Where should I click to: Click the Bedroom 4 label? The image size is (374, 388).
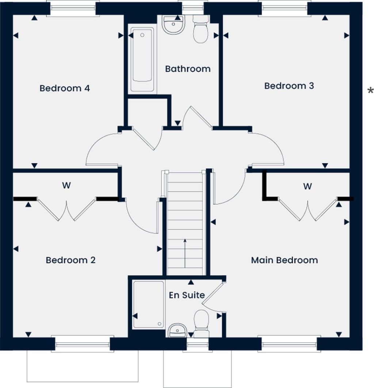click(65, 88)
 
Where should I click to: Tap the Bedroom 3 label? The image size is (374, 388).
click(289, 86)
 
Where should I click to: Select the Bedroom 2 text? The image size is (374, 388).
click(70, 260)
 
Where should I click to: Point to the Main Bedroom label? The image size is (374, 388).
click(284, 260)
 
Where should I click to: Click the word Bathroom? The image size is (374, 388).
click(188, 69)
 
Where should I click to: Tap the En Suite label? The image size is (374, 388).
click(187, 295)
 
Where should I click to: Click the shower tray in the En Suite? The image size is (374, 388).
click(148, 304)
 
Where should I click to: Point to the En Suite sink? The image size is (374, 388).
click(177, 331)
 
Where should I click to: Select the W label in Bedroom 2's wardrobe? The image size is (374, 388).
click(66, 186)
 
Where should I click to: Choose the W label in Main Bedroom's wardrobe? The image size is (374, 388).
click(308, 186)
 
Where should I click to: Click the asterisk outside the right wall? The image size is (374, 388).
click(370, 91)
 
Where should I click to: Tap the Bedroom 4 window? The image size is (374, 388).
click(73, 8)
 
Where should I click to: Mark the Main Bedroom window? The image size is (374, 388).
click(289, 344)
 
